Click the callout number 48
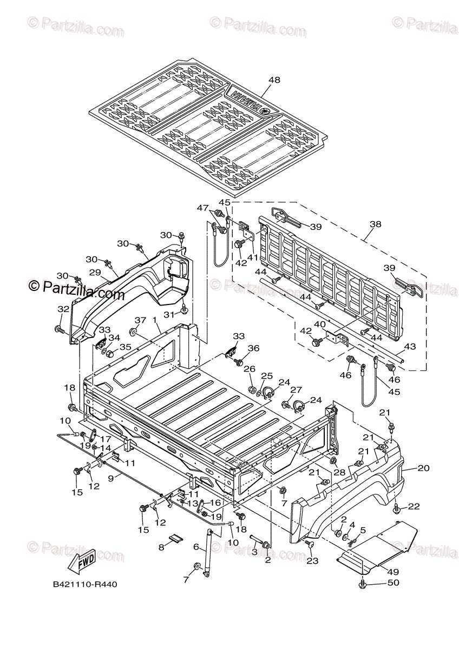(x=274, y=80)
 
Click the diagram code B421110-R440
(x=85, y=585)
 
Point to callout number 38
(x=375, y=223)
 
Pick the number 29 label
(x=95, y=273)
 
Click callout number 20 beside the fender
(x=423, y=469)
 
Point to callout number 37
(x=140, y=320)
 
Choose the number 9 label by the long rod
(x=110, y=478)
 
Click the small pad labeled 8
(x=175, y=538)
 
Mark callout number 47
(x=202, y=208)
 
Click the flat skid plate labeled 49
(x=379, y=544)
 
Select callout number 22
(x=414, y=506)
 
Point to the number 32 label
(x=63, y=309)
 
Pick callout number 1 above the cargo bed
(x=155, y=320)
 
